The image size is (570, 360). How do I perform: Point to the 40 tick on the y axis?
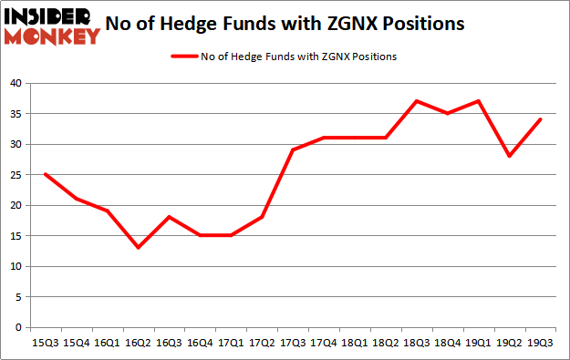16,83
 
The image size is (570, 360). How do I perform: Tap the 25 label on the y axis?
16,175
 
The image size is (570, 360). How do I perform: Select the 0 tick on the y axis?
18,327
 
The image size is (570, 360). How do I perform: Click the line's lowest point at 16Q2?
138,248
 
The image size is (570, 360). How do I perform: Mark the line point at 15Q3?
45,174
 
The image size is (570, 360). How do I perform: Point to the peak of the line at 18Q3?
417,101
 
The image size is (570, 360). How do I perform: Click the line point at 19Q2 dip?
510,156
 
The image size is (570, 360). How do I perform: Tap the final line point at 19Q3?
541,119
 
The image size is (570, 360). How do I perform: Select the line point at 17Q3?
293,149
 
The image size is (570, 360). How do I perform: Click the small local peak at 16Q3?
169,217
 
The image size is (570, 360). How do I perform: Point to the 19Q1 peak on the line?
479,101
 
